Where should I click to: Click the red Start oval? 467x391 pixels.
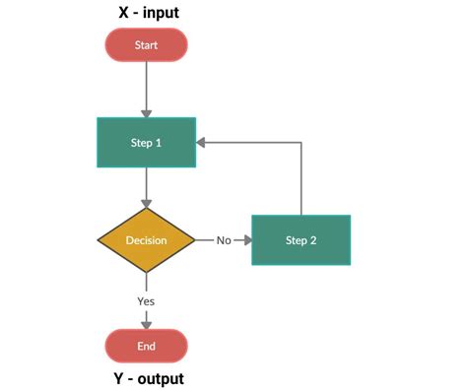(x=146, y=44)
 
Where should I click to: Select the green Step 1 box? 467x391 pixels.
(x=146, y=142)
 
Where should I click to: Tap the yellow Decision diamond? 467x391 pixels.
(x=146, y=239)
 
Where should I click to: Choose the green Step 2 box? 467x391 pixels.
(x=300, y=239)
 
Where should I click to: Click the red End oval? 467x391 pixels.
(x=146, y=345)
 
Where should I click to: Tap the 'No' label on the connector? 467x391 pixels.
(x=224, y=239)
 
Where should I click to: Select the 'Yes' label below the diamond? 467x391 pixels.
(x=146, y=300)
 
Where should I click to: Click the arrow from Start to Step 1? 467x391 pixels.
(x=146, y=89)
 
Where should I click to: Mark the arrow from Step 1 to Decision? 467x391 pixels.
(x=146, y=187)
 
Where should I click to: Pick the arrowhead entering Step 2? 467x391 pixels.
(x=246, y=239)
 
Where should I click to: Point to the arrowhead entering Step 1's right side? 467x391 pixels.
(x=201, y=142)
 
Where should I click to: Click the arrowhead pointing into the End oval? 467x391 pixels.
(x=146, y=323)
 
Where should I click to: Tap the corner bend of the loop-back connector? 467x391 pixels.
(x=300, y=142)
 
